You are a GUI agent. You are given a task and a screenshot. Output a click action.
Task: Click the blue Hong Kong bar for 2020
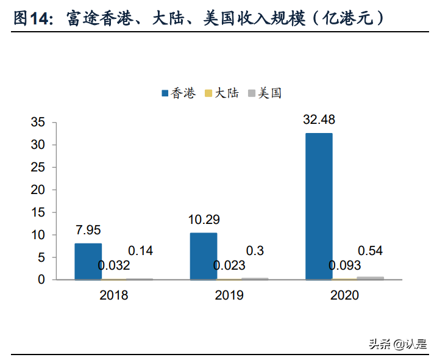point(319,206)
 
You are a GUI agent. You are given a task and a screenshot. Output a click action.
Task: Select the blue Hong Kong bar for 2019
point(203,256)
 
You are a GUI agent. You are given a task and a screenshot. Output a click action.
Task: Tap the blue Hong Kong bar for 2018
point(88,261)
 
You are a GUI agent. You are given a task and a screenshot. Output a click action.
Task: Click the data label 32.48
point(319,119)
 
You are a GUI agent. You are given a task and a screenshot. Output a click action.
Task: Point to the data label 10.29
point(204,219)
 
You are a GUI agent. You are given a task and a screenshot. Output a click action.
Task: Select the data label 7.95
point(88,230)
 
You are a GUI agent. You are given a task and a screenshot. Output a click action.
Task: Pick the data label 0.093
point(344,265)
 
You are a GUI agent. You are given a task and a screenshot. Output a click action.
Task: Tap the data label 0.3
point(254,251)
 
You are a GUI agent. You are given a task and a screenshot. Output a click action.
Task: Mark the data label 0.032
point(114,265)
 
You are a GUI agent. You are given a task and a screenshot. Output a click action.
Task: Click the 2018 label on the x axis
point(114,295)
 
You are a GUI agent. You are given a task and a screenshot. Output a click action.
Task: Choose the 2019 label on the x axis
point(229,295)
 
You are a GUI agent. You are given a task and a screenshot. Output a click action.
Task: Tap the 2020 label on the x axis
point(344,295)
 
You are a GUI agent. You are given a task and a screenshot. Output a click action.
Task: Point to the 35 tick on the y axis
point(38,123)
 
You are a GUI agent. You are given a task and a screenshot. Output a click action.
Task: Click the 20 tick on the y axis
point(38,190)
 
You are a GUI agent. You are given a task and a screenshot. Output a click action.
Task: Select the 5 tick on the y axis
point(41,257)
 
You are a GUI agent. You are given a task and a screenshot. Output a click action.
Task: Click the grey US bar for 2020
point(371,278)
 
